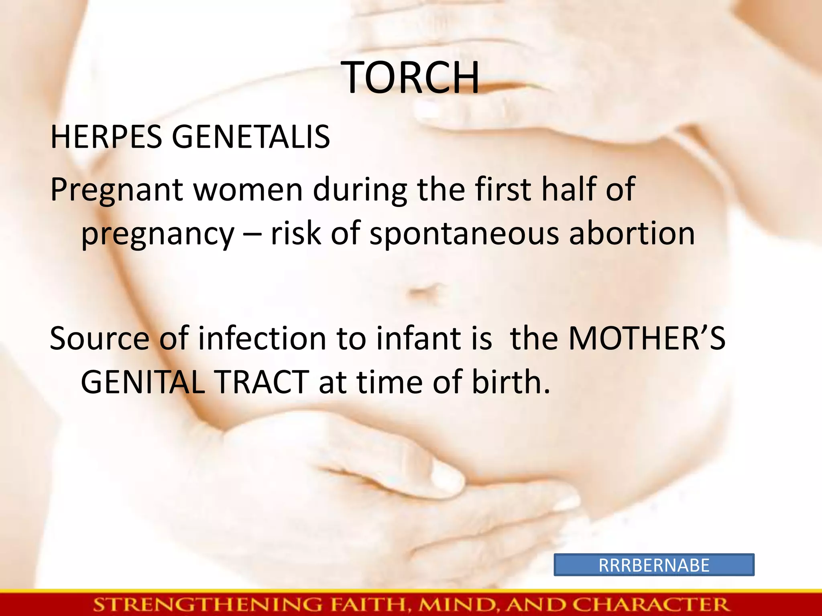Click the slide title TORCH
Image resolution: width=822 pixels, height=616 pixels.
pyautogui.click(x=412, y=78)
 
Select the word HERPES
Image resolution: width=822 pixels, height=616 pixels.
pyautogui.click(x=106, y=137)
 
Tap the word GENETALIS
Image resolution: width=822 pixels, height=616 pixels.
pyautogui.click(x=251, y=137)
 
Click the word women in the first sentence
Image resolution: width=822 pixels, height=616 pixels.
pyautogui.click(x=248, y=190)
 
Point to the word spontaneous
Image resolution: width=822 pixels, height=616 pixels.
pyautogui.click(x=464, y=234)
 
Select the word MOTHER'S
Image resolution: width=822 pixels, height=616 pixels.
pyautogui.click(x=647, y=339)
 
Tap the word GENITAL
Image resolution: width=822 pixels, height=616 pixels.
pyautogui.click(x=143, y=382)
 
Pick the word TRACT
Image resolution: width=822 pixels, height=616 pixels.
pyautogui.click(x=261, y=382)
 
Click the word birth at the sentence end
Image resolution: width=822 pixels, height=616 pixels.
pyautogui.click(x=510, y=382)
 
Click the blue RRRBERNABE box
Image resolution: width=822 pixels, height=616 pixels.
pyautogui.click(x=654, y=565)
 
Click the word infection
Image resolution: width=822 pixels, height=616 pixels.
pyautogui.click(x=262, y=339)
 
